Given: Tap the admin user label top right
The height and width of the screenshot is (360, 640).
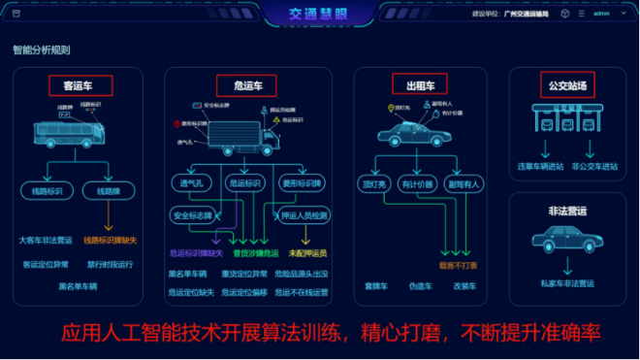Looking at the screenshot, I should [x=601, y=15].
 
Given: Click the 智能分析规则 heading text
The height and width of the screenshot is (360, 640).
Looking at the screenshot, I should [x=41, y=49].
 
